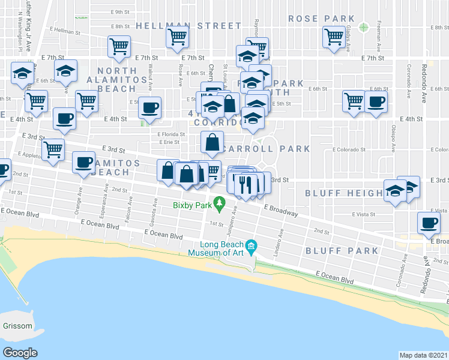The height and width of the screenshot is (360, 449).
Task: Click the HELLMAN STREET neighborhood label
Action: pos(188,26)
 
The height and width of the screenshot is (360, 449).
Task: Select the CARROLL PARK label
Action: pos(267,148)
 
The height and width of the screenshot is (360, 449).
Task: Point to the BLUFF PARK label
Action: pos(342,251)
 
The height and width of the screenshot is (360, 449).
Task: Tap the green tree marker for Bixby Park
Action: pos(220,206)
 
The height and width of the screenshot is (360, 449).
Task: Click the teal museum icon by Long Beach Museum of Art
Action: pos(252,245)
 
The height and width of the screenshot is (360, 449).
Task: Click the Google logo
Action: pos(20,352)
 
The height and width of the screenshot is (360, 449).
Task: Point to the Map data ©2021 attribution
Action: pos(423,355)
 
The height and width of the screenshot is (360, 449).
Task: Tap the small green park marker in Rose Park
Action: pos(363,27)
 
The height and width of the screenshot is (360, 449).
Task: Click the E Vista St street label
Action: pos(363,214)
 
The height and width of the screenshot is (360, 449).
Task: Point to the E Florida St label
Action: pos(169,134)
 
